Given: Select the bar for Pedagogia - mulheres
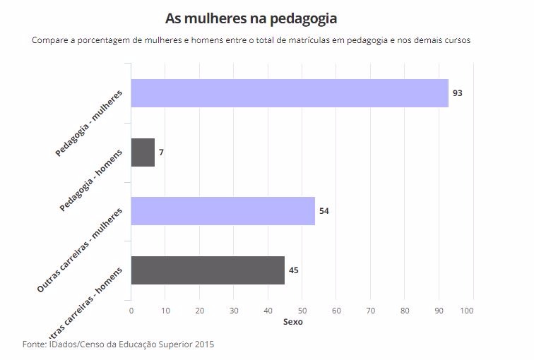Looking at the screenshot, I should pos(290,93).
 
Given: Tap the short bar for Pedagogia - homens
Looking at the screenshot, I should pos(143,152).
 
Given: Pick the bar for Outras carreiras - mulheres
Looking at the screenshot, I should pos(222,211).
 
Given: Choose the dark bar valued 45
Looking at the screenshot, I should pos(208,270).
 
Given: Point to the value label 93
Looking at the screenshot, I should pos(457,93).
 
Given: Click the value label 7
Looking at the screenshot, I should pos(161,152).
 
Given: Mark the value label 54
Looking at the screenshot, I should pos(324,211).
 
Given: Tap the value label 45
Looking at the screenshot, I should pos(294,270).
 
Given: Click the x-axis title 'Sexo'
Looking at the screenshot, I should pos(292,322).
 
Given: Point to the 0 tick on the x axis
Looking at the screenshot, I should pos(131,310).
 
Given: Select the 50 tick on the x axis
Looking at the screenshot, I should pos(302,310).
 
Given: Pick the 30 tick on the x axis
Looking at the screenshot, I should pos(234,310).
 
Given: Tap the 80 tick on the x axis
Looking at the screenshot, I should pos(405,310).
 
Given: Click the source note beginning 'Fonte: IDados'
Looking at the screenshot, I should pos(118,344).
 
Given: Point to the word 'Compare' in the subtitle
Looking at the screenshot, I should pos(50,40).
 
